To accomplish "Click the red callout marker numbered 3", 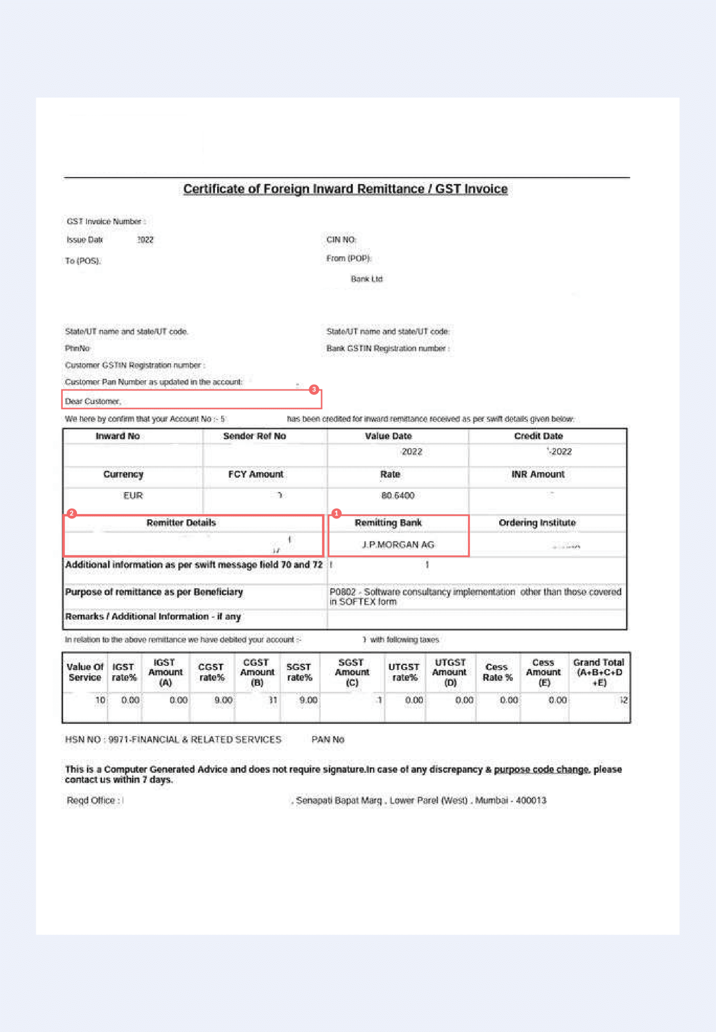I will [x=314, y=389].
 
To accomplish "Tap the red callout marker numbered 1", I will [x=336, y=513].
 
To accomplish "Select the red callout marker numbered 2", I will [x=72, y=513].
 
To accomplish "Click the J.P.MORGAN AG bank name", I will [x=398, y=545].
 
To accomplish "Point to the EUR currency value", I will [x=133, y=495].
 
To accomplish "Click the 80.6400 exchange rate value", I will [x=397, y=495].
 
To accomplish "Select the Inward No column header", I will [x=117, y=436].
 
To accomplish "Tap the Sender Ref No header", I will [x=254, y=436].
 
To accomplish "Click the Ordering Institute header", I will [x=537, y=523].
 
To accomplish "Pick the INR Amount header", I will [x=538, y=474].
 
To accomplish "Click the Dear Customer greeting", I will [x=93, y=401].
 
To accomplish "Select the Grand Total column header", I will [x=599, y=672].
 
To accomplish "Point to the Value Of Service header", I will [x=85, y=672].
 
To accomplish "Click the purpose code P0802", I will [x=342, y=592].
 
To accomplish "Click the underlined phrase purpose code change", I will [x=541, y=770].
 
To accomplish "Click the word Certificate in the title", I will [x=213, y=189].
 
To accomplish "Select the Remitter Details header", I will [x=181, y=523].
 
